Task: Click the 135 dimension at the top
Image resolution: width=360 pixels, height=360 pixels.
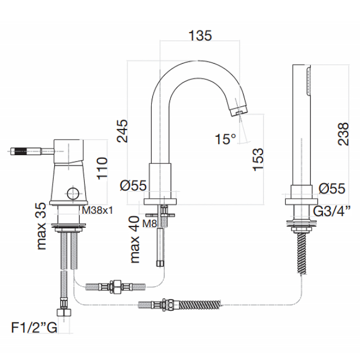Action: click(x=200, y=36)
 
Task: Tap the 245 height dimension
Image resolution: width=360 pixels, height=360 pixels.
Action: click(x=122, y=130)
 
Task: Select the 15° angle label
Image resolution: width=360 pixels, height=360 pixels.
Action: click(x=225, y=139)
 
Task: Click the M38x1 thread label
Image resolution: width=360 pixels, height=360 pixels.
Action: click(x=97, y=210)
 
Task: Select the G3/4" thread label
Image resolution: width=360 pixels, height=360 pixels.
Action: click(x=332, y=211)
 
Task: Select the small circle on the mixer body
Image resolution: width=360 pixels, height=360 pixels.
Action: click(x=73, y=193)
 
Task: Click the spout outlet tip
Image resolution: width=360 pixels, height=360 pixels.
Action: click(x=239, y=111)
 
